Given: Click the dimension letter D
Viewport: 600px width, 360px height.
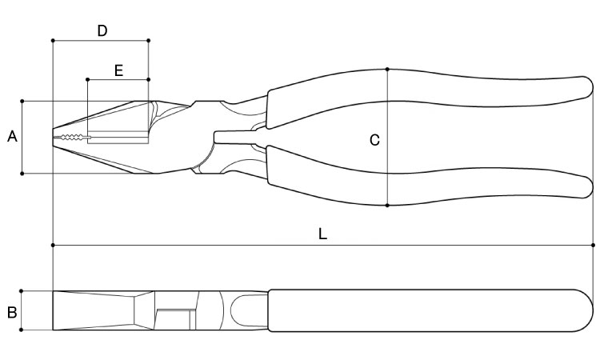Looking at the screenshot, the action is [102, 30].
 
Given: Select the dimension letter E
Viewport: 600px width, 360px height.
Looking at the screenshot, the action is [118, 70].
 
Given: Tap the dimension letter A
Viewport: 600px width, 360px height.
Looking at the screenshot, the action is [12, 136].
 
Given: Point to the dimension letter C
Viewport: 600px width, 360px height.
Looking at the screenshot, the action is [374, 141].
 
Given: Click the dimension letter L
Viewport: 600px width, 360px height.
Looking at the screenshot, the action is [322, 234].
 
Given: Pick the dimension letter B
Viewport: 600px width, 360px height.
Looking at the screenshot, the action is [12, 312].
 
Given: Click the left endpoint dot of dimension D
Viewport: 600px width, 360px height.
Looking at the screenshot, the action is [53, 40].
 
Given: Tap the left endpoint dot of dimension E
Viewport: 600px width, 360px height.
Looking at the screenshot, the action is [88, 79].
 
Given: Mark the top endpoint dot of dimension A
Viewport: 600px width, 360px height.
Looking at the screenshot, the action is [22, 102].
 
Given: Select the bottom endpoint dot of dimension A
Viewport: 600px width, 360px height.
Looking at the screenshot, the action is [22, 174].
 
